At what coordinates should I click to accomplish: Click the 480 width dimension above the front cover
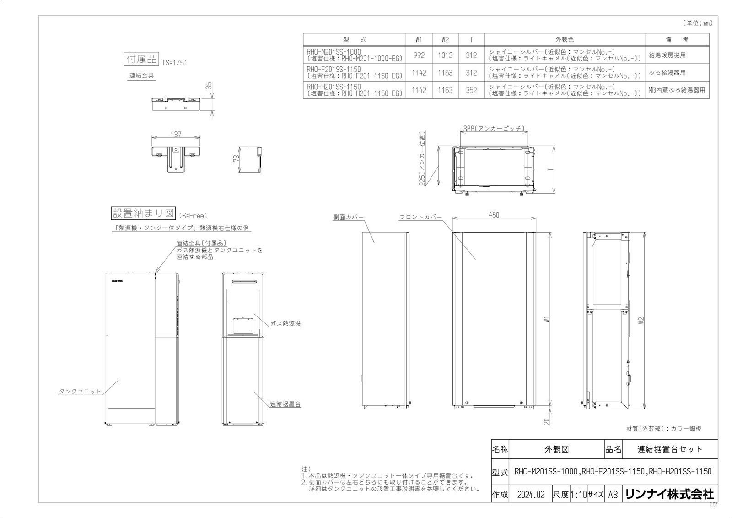[494, 215]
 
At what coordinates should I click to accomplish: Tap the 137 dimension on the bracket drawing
[176, 134]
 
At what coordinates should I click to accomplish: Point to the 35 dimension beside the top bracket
[209, 85]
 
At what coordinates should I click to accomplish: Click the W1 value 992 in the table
[419, 55]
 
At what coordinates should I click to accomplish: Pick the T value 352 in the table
[471, 90]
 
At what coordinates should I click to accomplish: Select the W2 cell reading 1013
[445, 55]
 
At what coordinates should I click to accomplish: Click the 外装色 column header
[564, 40]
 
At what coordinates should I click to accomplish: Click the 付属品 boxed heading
[141, 59]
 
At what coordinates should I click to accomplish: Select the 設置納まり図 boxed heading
[144, 213]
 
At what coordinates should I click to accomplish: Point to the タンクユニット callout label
[80, 392]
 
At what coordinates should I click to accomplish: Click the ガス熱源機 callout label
[285, 323]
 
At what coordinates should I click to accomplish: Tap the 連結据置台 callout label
[285, 404]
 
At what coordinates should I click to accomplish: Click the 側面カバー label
[348, 217]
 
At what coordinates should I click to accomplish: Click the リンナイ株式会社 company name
[669, 494]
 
